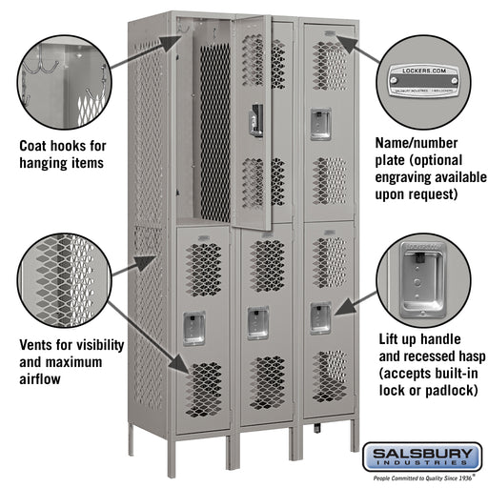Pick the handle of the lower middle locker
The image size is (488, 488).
(257, 322)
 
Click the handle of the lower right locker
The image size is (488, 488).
(320, 317)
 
